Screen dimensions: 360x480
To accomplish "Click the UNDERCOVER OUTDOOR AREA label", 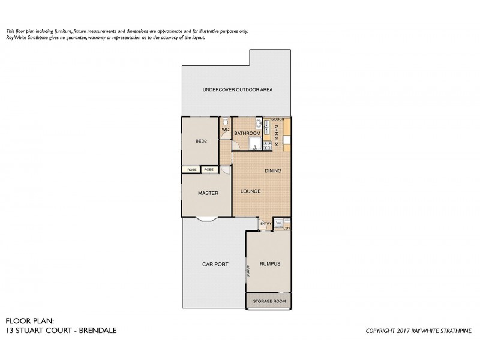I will (x=238, y=89).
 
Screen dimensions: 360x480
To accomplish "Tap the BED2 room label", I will (x=201, y=142).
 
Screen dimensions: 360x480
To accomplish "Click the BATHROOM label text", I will (x=247, y=133).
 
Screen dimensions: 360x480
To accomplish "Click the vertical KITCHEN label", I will (x=277, y=133).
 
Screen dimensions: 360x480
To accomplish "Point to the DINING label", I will (x=273, y=171).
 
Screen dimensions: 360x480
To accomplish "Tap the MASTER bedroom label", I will (x=208, y=193).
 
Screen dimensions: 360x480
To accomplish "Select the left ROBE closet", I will (x=191, y=170).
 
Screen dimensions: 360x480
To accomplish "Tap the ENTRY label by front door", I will (x=265, y=224).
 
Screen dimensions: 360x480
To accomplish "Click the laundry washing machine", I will (x=279, y=223).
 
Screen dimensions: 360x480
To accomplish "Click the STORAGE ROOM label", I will (x=268, y=301).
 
